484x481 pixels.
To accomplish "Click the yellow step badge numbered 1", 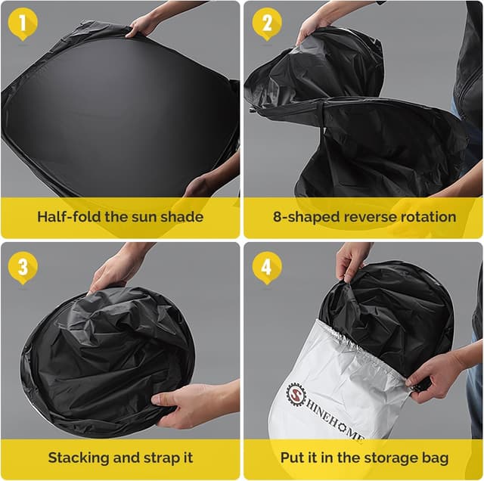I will (x=22, y=24).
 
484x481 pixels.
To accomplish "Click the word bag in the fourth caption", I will (x=434, y=458).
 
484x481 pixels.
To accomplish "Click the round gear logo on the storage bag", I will (x=296, y=394).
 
